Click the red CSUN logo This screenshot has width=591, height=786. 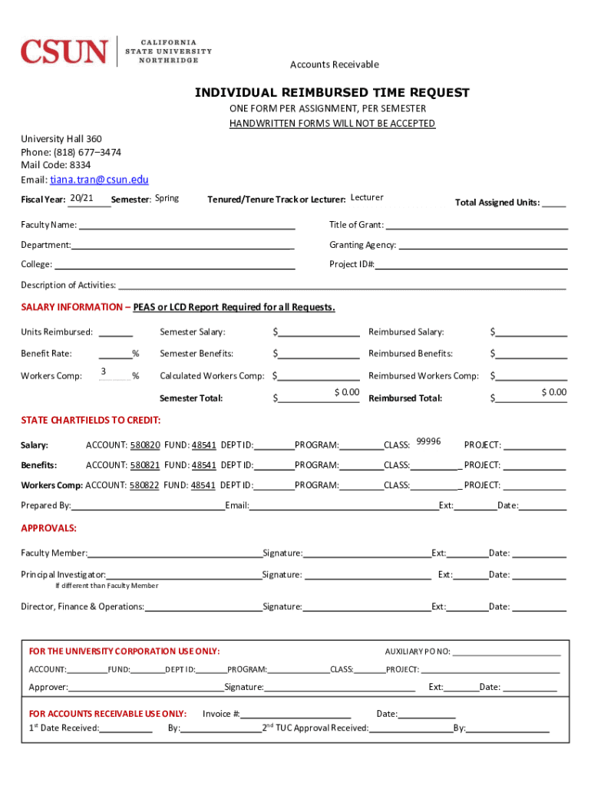click(64, 51)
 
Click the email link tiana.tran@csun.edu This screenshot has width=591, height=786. click(99, 180)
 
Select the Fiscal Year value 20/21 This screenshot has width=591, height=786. click(81, 199)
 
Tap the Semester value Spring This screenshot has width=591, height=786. click(167, 199)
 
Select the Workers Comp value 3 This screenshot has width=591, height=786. click(103, 372)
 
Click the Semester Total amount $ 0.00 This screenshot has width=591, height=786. click(346, 393)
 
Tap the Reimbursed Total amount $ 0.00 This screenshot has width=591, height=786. click(553, 393)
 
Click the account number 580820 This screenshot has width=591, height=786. click(145, 445)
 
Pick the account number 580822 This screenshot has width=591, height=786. click(145, 485)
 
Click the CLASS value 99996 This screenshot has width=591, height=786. click(428, 441)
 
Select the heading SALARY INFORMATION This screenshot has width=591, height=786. click(71, 308)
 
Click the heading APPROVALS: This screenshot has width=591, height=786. click(48, 529)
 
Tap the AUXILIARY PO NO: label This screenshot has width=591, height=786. click(418, 652)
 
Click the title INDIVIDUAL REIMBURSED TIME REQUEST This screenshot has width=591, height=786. click(332, 93)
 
